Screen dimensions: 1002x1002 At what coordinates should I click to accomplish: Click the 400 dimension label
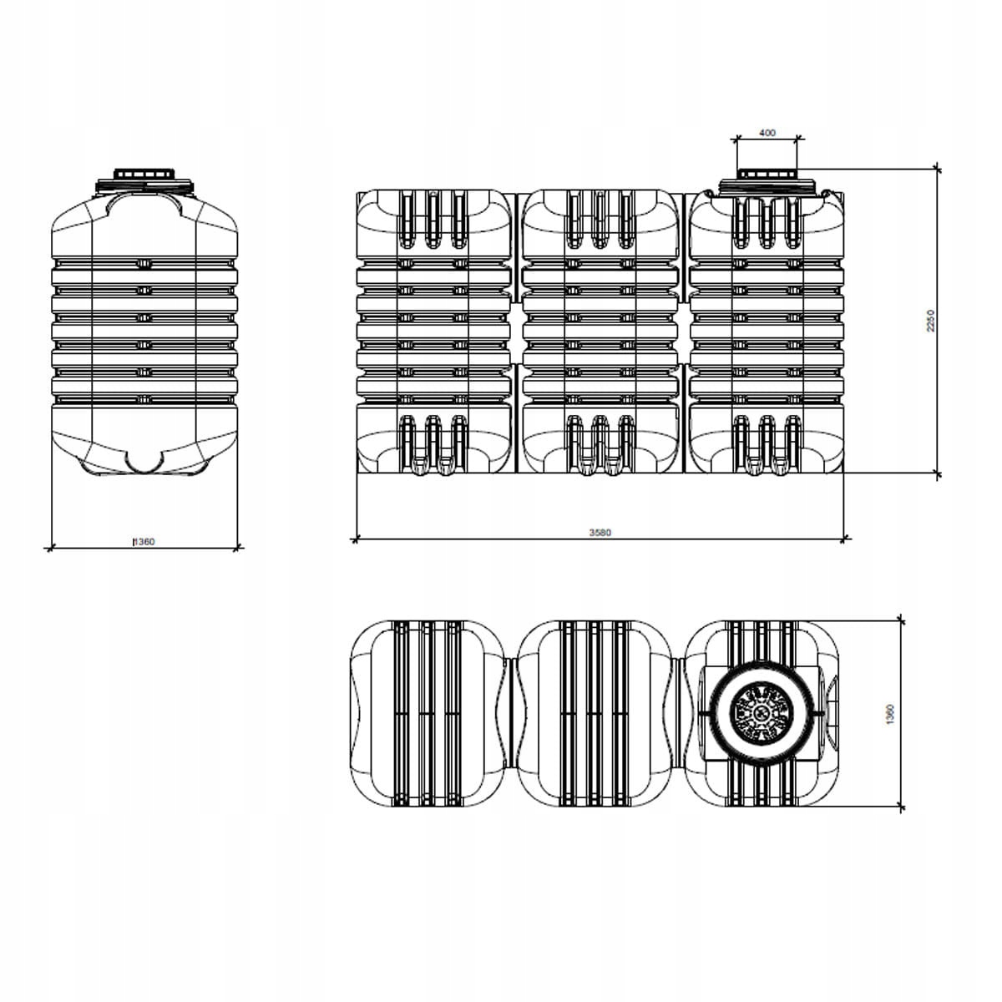click(x=767, y=133)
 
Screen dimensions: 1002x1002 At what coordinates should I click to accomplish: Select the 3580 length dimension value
click(x=600, y=532)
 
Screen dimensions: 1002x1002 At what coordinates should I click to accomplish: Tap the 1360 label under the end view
click(x=144, y=542)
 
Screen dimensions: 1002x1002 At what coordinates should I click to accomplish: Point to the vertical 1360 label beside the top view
click(x=890, y=715)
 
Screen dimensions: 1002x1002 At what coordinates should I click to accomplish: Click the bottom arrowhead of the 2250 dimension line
click(x=938, y=474)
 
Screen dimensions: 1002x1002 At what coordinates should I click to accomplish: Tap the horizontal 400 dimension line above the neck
click(x=767, y=139)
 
